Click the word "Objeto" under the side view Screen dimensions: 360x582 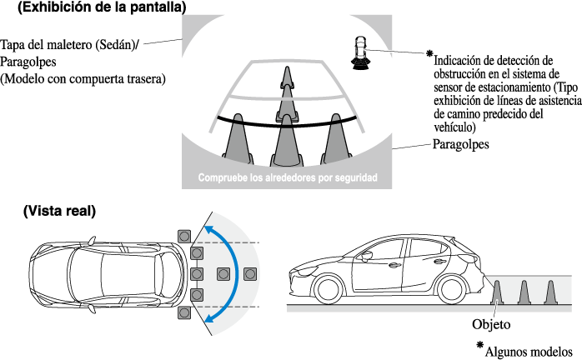click(492, 322)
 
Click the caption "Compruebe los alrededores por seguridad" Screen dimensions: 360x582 click(288, 178)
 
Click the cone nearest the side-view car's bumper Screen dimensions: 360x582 click(497, 292)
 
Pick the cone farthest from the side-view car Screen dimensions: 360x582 click(550, 292)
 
